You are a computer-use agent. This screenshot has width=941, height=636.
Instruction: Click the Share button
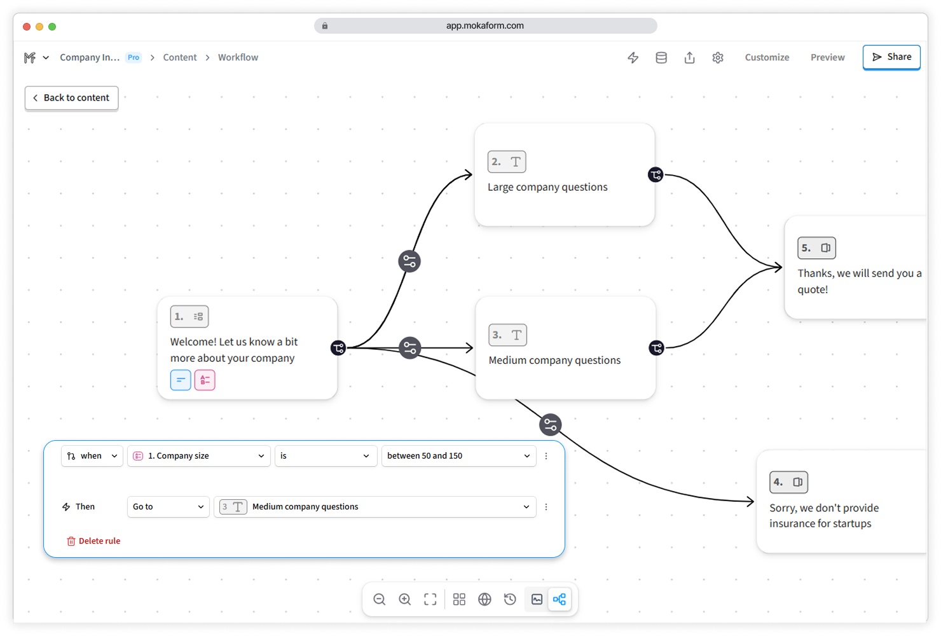tap(891, 57)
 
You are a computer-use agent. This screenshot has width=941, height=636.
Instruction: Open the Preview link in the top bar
tap(827, 57)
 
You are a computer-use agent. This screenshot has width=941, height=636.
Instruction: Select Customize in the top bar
tap(767, 57)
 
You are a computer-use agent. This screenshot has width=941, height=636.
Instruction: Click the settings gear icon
tap(717, 57)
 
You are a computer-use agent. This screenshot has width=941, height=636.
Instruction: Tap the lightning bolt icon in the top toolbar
tap(633, 57)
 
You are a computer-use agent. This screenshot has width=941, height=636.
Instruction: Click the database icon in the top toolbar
tap(661, 57)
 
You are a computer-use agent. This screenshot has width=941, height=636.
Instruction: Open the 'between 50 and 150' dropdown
tap(458, 456)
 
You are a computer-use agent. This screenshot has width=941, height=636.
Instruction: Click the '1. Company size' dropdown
tap(198, 456)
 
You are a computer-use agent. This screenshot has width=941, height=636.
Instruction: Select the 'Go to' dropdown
tap(168, 507)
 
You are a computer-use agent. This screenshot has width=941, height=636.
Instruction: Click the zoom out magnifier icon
tap(380, 599)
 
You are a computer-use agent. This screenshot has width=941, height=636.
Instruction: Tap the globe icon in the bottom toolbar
tap(484, 599)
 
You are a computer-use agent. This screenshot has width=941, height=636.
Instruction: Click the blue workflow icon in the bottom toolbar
tap(560, 599)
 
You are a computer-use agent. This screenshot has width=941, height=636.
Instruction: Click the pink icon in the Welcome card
tap(205, 380)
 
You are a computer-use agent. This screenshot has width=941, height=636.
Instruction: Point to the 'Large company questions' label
tap(547, 187)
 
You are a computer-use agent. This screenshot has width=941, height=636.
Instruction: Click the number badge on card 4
tap(788, 482)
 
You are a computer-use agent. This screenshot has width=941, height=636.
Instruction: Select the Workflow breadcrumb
tap(238, 57)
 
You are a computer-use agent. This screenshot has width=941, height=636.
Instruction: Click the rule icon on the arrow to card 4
tap(551, 425)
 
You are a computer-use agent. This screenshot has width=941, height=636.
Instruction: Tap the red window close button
tap(27, 27)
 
